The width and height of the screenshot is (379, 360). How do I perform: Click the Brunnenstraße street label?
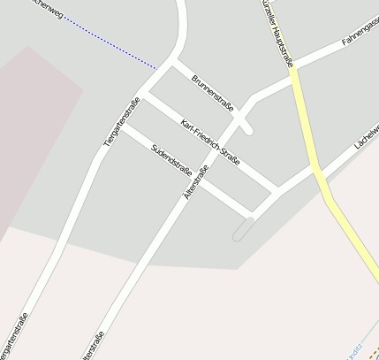pyautogui.click(x=213, y=94)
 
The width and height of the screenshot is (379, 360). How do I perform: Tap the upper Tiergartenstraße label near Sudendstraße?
pyautogui.click(x=122, y=122)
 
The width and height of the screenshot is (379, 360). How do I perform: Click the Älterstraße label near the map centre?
pyautogui.click(x=196, y=186)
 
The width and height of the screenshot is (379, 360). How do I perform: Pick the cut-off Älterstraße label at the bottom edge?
pyautogui.click(x=93, y=346)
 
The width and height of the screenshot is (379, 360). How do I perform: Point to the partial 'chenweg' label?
pyautogui.click(x=45, y=10)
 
